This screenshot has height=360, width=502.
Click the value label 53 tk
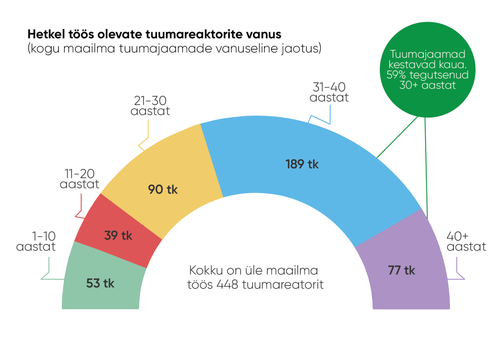[x=100, y=283]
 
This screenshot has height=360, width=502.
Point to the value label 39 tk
[x=118, y=236]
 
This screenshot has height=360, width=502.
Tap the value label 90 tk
[x=163, y=189]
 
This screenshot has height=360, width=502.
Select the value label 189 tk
[x=302, y=164]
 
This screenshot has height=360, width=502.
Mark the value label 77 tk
[x=401, y=270]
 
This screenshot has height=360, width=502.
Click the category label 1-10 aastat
[x=36, y=241]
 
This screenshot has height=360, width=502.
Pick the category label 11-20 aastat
[x=80, y=179]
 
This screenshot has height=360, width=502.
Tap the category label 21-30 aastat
[x=150, y=106]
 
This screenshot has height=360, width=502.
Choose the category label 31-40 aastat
[x=329, y=92]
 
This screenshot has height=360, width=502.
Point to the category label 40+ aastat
[x=466, y=241]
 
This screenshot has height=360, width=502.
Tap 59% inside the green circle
[x=396, y=75]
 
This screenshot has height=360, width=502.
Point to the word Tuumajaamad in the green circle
[x=427, y=54]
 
